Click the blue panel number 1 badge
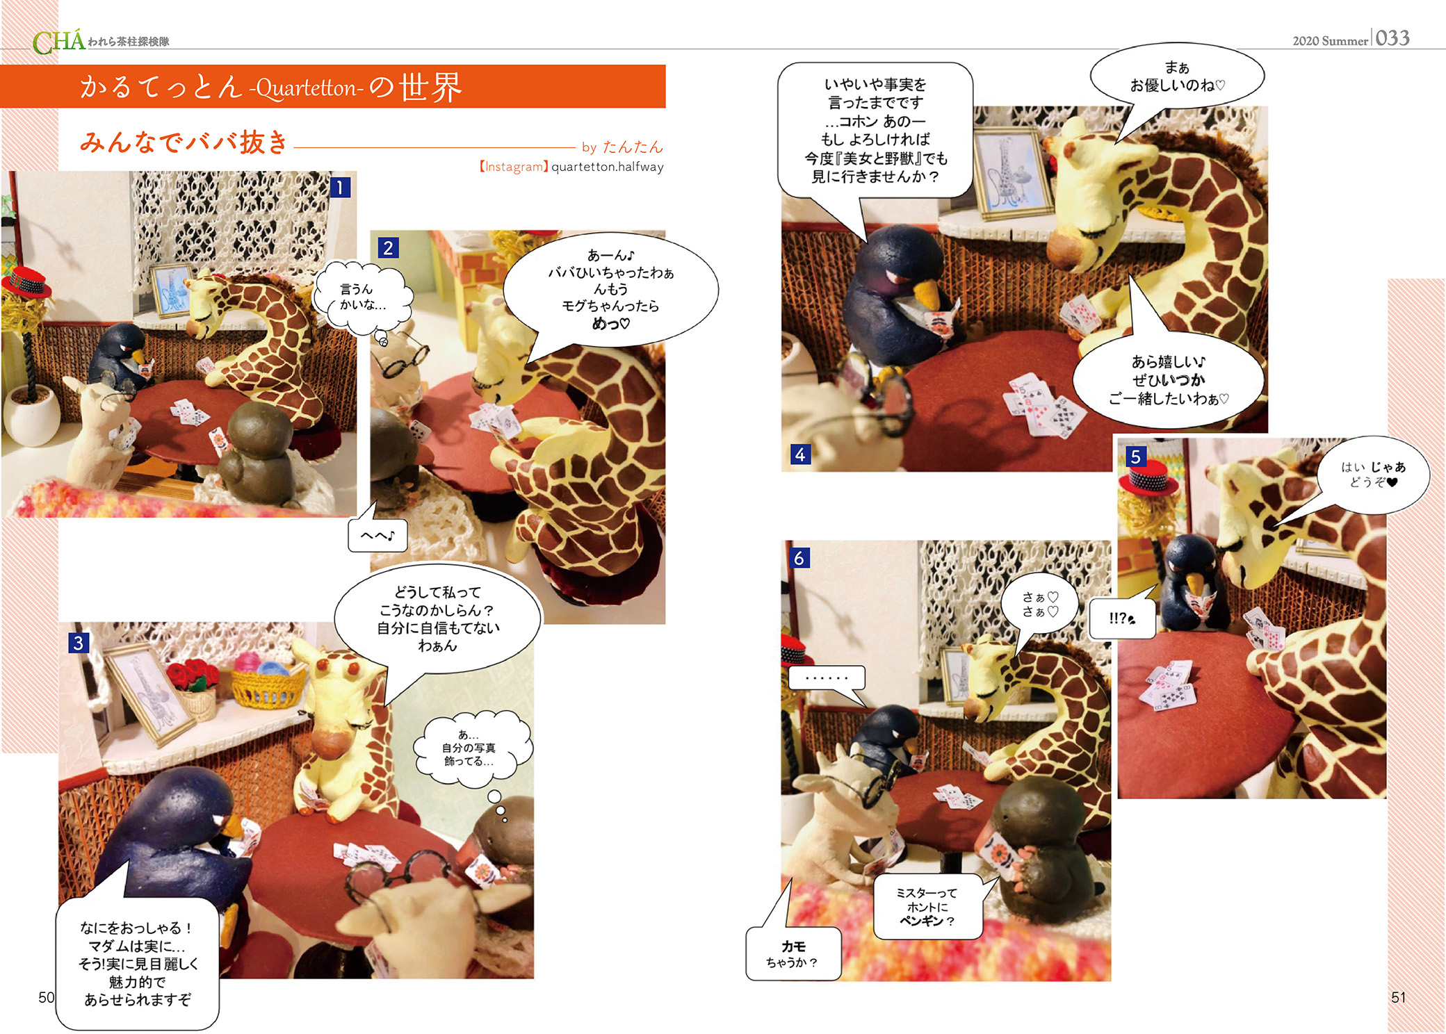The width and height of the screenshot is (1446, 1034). point(340,188)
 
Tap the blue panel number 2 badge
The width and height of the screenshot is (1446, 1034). point(388,248)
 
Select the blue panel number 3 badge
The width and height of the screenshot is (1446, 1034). point(78,643)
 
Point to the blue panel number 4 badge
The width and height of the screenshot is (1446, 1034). point(800,454)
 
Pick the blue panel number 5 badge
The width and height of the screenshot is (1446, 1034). point(1135,457)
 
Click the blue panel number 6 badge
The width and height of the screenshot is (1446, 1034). point(799,558)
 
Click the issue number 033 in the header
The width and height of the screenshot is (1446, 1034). point(1392,38)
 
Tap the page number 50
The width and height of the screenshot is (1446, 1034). point(47,997)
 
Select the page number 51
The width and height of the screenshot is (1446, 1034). point(1398,997)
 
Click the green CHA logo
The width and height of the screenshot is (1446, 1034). point(59,42)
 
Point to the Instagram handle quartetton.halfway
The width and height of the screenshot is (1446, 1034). point(608,167)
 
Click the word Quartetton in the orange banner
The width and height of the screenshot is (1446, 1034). point(306,89)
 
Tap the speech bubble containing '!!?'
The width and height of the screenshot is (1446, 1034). point(1122,618)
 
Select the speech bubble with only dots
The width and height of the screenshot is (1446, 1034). point(827,678)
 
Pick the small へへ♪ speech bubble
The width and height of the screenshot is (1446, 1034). point(377,535)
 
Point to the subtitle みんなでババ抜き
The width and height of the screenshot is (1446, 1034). point(184,142)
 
